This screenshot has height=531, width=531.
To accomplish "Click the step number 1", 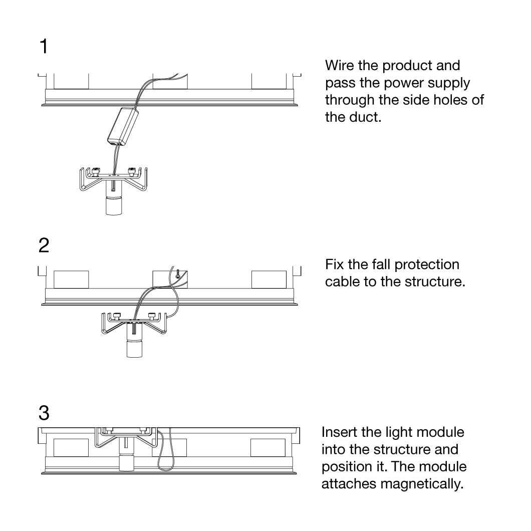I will (45, 47).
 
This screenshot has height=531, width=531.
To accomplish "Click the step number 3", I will (45, 414).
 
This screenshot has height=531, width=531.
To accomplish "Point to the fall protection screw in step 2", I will (178, 274).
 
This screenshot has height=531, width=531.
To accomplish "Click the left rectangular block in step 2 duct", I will (71, 280).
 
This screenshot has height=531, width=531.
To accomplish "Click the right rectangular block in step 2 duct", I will (269, 280).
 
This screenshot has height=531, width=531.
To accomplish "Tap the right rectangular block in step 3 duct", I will (269, 447).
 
